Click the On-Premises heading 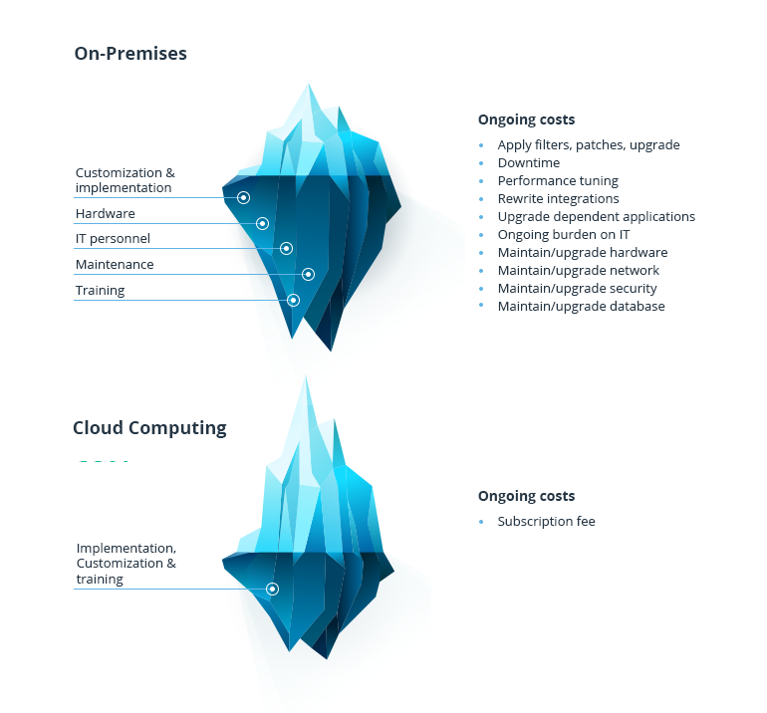click(130, 54)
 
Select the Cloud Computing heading click(149, 428)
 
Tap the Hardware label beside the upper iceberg click(105, 213)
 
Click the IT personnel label click(113, 239)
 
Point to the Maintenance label click(115, 265)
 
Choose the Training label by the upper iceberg click(100, 291)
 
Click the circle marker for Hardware click(263, 223)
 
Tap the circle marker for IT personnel click(286, 248)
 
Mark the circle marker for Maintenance click(309, 274)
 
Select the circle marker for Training click(293, 300)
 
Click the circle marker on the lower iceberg click(272, 589)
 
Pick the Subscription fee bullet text click(546, 521)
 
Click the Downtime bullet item click(529, 162)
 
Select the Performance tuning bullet click(558, 180)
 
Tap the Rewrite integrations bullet click(558, 198)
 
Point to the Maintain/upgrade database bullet click(581, 306)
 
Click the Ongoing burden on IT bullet click(564, 234)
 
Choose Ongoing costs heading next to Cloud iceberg click(526, 496)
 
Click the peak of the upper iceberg click(310, 88)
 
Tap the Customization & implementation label click(125, 180)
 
